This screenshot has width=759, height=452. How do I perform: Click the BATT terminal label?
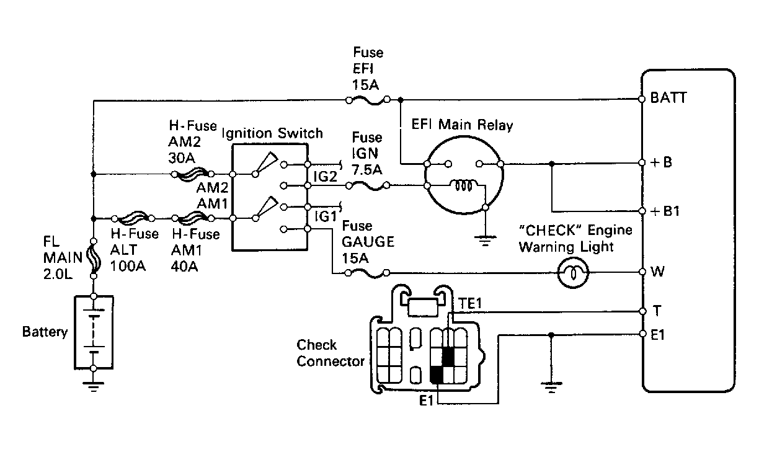tap(668, 98)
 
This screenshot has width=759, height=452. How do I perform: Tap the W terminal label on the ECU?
tap(658, 272)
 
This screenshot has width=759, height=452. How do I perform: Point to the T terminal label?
tap(656, 310)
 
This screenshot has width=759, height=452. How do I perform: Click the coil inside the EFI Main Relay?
tap(464, 185)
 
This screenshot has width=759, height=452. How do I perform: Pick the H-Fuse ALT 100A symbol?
tap(133, 218)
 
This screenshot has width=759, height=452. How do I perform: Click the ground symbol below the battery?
tap(93, 388)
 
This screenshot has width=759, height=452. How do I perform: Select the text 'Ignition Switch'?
tap(273, 133)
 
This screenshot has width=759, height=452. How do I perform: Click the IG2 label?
tap(326, 177)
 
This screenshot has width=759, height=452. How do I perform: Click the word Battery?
tap(45, 332)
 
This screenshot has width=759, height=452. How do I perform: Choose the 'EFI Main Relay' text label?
tap(463, 125)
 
